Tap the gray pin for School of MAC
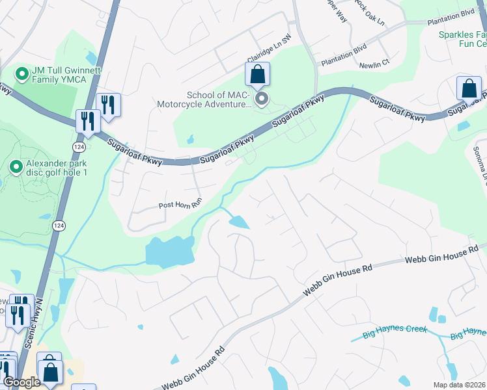point(262,99)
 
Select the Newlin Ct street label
point(374,63)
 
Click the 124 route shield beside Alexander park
point(59,225)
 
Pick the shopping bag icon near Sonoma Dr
point(469,88)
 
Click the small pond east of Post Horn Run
point(239,222)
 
